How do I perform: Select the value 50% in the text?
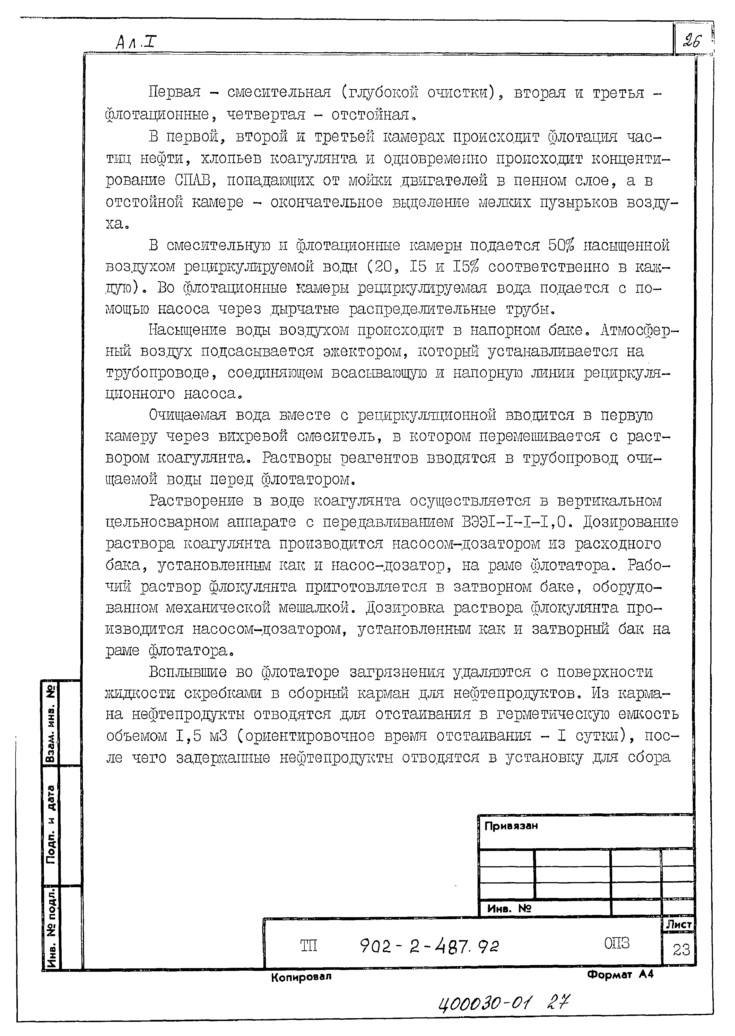pos(561,246)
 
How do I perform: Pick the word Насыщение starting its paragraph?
pos(187,330)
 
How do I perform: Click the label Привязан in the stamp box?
pos(511,826)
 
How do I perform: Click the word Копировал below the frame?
pos(301,977)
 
